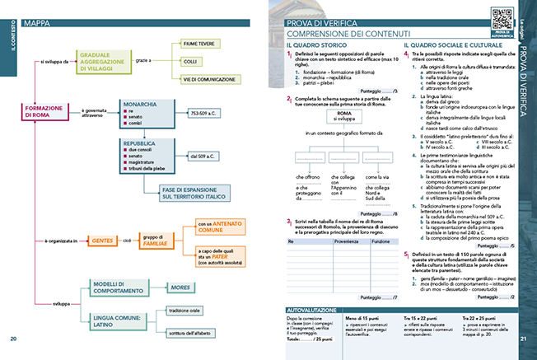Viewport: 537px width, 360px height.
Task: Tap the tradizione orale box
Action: (185, 311)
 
